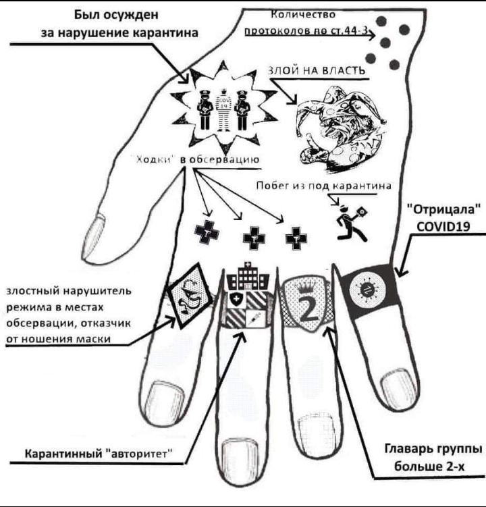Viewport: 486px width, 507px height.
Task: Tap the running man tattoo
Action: [x=350, y=219]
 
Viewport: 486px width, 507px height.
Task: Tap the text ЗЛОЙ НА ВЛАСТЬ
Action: [x=317, y=71]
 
